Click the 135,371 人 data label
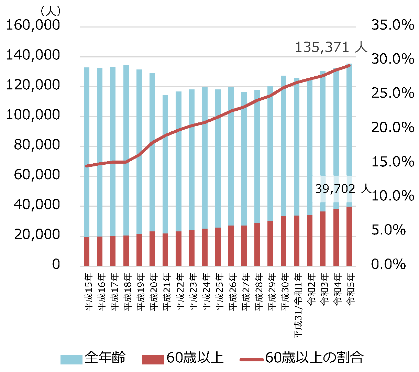331,47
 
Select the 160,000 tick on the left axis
33,25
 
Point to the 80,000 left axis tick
37,145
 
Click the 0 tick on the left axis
56,264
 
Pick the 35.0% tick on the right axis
393,25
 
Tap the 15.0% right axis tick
393,162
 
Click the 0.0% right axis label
388,264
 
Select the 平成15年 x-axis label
88,292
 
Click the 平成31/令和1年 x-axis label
298,306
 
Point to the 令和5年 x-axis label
351,289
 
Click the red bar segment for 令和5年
349,236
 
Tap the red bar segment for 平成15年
87,251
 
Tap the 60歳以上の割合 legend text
314,358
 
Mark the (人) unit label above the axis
51,11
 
